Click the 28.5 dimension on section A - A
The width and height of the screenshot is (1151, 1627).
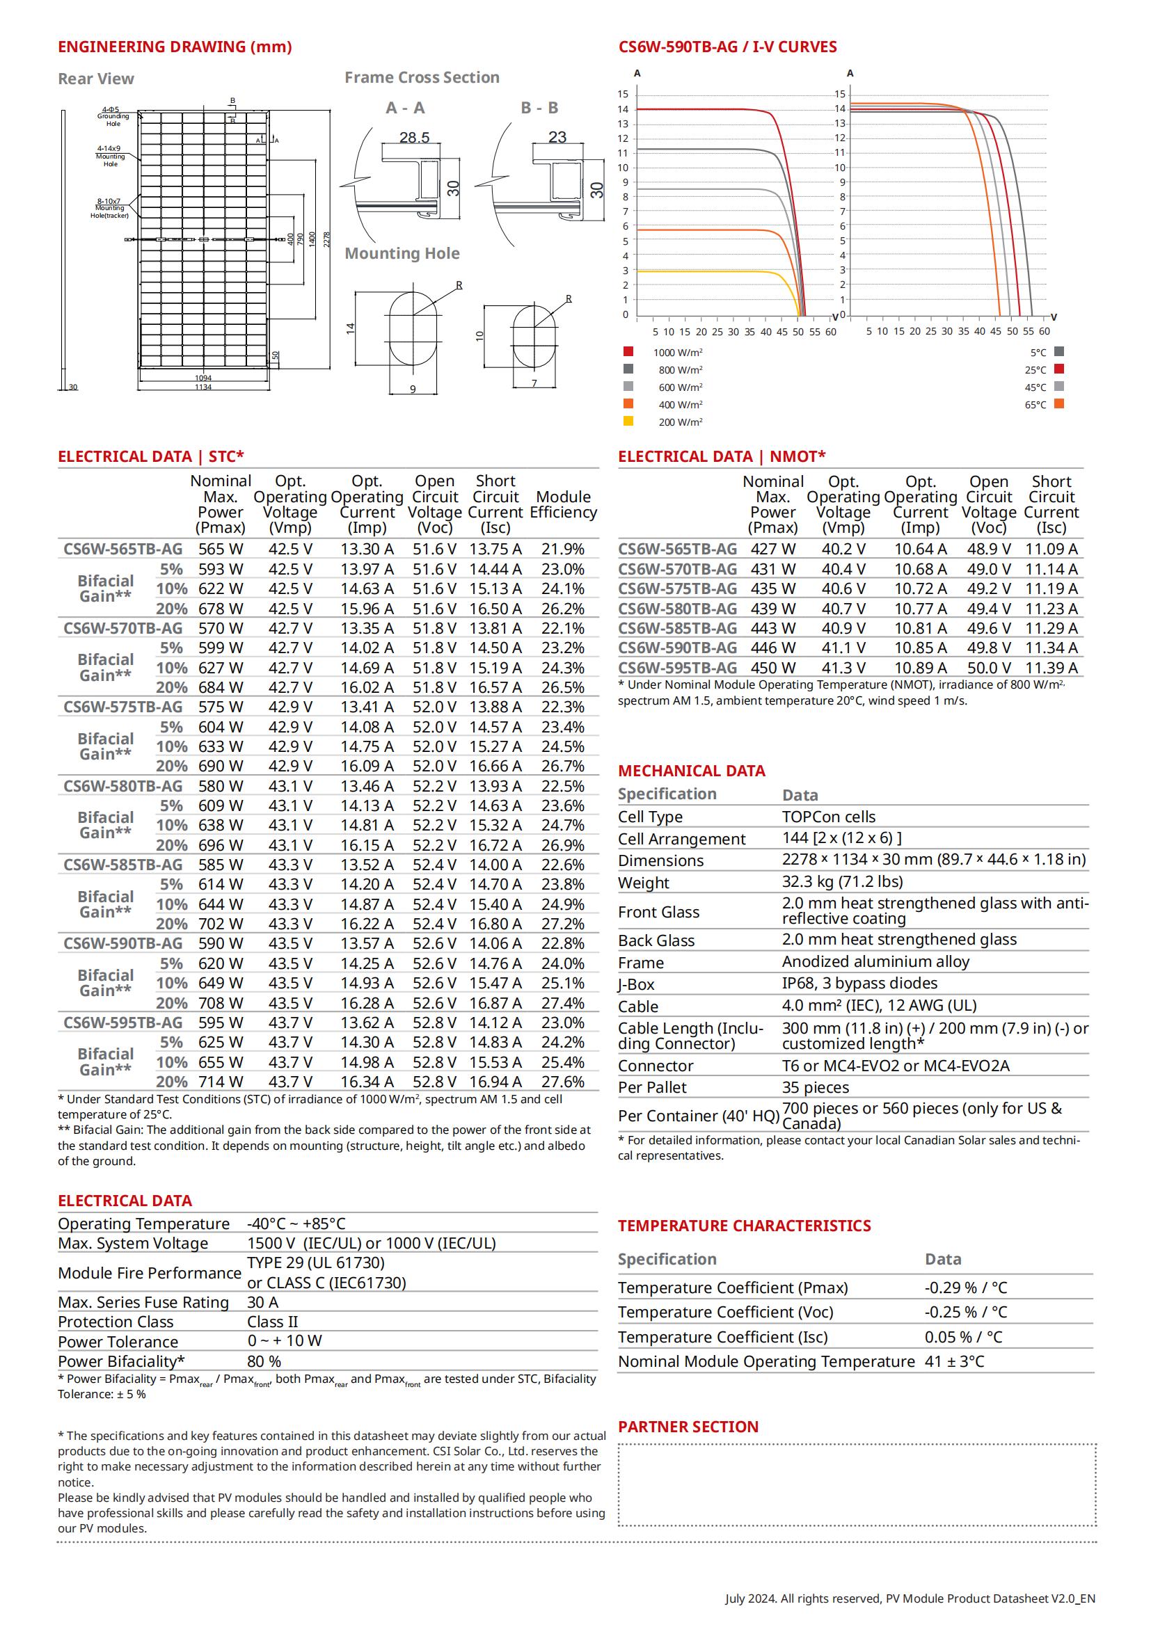pos(414,137)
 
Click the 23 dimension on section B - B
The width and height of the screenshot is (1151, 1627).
pos(557,137)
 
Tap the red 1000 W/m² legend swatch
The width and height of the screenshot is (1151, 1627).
pos(628,351)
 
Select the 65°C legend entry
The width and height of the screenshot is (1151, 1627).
pos(1047,405)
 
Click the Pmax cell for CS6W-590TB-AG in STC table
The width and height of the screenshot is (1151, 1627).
pos(221,944)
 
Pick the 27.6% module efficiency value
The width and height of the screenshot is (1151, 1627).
pos(563,1082)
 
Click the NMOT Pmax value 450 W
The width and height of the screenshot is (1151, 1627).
pos(772,668)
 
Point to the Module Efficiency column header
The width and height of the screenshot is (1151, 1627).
pos(563,504)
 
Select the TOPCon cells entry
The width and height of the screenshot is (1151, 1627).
pos(829,817)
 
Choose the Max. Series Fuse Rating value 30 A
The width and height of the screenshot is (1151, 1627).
pos(263,1302)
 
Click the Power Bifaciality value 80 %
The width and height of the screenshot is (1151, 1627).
pos(264,1361)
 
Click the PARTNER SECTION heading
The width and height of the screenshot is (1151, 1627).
pos(688,1427)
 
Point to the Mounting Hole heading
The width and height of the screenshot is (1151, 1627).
pos(402,254)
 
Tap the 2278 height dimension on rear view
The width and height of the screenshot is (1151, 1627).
pos(327,239)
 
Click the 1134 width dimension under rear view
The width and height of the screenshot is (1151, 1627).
pos(203,387)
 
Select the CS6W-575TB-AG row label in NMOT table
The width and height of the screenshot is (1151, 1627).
pos(677,589)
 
